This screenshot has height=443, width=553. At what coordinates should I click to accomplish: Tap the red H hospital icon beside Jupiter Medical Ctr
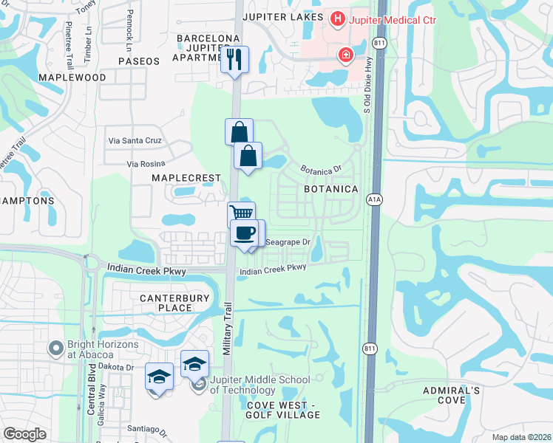click(338, 17)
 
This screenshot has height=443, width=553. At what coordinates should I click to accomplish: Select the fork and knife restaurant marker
click(234, 59)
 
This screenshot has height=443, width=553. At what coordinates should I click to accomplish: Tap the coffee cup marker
click(244, 233)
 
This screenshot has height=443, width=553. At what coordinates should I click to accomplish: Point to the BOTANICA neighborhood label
click(331, 189)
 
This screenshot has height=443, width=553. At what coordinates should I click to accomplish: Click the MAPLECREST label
click(186, 178)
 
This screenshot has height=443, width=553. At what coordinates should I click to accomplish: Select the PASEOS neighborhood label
click(138, 61)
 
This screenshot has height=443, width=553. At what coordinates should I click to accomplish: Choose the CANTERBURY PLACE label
click(166, 302)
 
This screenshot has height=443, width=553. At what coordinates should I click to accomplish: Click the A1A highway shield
click(375, 199)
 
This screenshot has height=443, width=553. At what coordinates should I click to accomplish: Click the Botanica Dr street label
click(321, 168)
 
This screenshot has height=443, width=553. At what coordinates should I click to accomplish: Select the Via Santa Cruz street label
click(134, 140)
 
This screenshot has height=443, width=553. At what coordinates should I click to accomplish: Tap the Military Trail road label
click(228, 329)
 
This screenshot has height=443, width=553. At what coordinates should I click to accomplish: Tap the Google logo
click(24, 434)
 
